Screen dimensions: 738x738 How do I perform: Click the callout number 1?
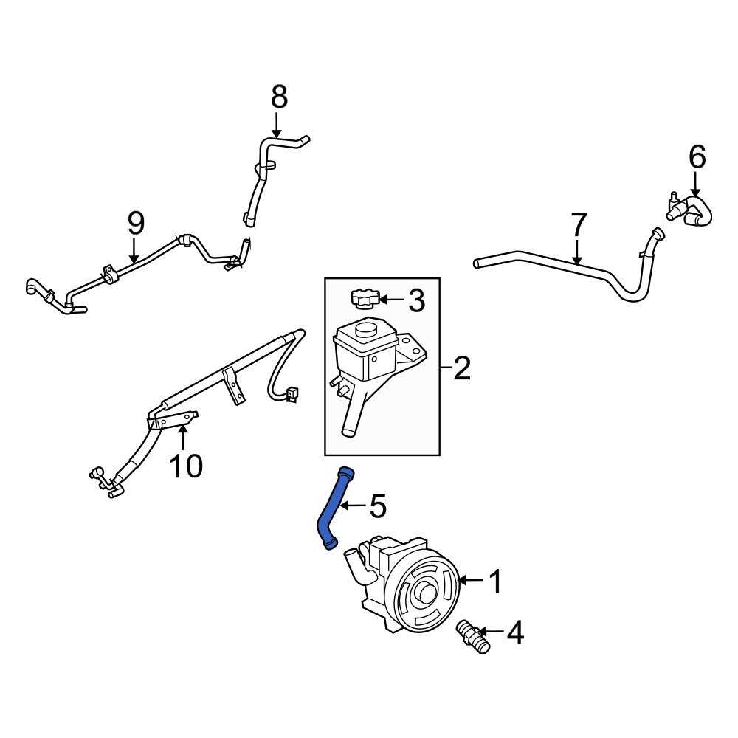pyautogui.click(x=495, y=582)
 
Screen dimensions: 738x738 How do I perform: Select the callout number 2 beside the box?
pyautogui.click(x=461, y=368)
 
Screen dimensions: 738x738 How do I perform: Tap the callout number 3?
pyautogui.click(x=416, y=300)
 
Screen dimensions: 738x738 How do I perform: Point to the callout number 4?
pyautogui.click(x=514, y=632)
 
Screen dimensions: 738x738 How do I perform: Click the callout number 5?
pyautogui.click(x=377, y=506)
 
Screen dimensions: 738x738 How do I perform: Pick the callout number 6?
pyautogui.click(x=697, y=156)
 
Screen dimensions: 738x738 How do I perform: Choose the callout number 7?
pyautogui.click(x=578, y=224)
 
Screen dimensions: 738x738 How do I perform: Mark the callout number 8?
pyautogui.click(x=278, y=97)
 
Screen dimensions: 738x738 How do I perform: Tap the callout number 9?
pyautogui.click(x=135, y=223)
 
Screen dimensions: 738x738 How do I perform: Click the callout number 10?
pyautogui.click(x=186, y=466)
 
